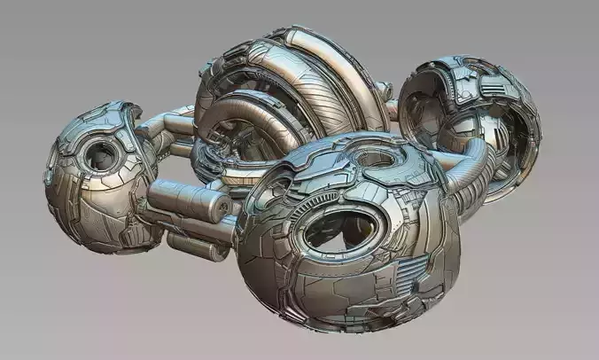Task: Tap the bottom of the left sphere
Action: point(97,248)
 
